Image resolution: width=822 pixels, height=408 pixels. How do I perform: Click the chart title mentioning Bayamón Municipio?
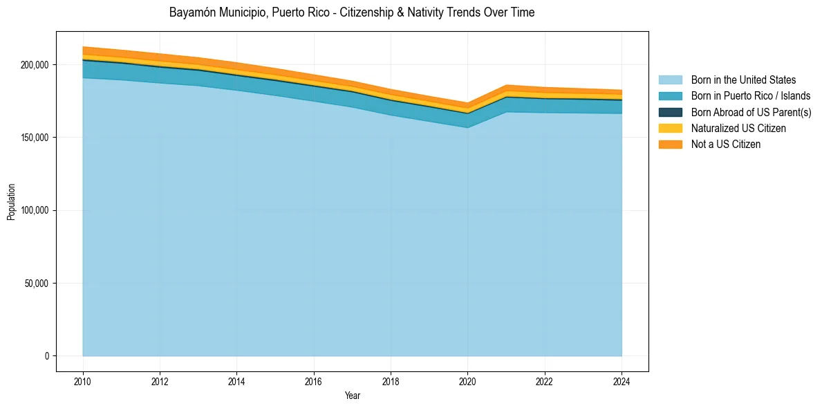(351, 12)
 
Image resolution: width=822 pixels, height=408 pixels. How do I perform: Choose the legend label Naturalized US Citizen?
(738, 128)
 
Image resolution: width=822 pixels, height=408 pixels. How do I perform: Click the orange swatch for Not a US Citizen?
(670, 144)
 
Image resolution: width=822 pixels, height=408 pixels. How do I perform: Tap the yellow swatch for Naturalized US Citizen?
(670, 128)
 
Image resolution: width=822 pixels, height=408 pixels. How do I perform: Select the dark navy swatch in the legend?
(670, 112)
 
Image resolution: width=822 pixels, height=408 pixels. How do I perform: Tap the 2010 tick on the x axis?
(83, 380)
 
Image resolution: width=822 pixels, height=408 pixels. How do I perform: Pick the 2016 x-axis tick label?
(314, 380)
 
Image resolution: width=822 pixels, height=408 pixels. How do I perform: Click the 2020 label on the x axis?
(468, 380)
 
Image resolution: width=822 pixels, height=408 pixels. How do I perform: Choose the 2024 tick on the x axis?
(622, 380)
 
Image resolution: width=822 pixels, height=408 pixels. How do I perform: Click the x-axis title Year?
(352, 396)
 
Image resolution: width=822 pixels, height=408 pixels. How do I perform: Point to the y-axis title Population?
(11, 202)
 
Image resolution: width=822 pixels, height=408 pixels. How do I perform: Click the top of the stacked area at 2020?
(468, 104)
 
